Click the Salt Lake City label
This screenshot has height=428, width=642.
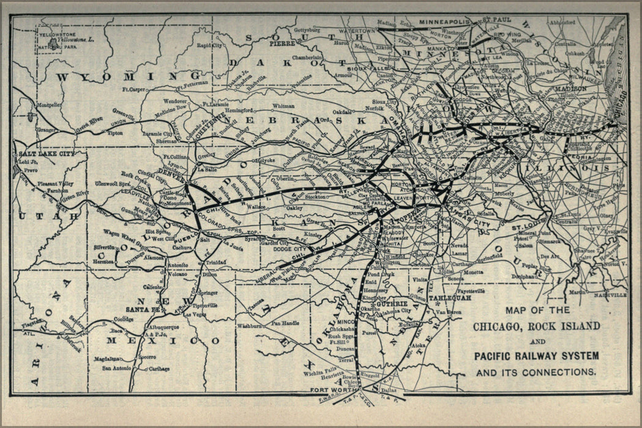47,154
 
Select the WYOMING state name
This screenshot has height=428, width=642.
118,77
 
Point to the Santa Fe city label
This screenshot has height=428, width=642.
142,310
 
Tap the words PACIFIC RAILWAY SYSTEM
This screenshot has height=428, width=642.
536,356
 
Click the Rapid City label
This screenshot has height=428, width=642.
209,45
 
